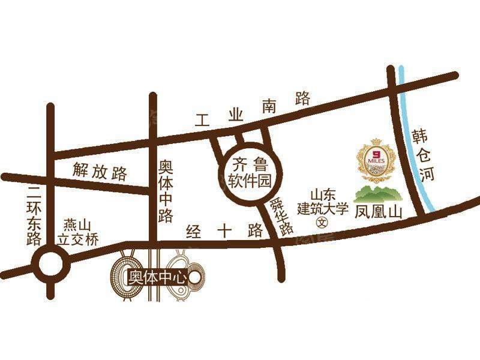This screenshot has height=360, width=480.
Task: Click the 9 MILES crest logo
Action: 376,162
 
